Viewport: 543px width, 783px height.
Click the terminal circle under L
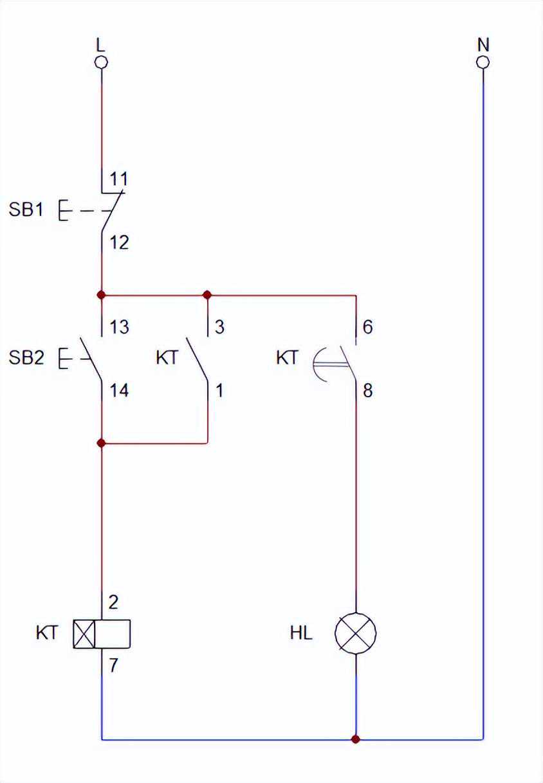(101, 62)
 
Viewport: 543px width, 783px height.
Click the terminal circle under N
(483, 62)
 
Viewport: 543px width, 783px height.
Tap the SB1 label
(26, 210)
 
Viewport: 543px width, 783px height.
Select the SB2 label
(26, 357)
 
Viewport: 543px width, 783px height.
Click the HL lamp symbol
(356, 633)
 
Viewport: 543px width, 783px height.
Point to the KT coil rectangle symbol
(102, 634)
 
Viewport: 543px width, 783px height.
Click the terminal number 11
(118, 179)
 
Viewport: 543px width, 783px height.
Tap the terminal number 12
(118, 242)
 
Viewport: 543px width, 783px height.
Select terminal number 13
(118, 327)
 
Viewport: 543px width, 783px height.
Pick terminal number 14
(118, 390)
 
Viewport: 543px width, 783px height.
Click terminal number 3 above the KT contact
(219, 327)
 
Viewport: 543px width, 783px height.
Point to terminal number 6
(367, 327)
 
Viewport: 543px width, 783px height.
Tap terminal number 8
(367, 390)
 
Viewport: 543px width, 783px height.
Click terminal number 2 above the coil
(113, 602)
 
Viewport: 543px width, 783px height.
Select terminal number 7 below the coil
(113, 665)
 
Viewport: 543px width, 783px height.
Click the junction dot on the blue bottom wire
(356, 739)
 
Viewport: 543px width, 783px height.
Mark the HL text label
(301, 634)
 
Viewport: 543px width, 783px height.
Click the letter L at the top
(100, 44)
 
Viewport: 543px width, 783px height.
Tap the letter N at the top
(483, 44)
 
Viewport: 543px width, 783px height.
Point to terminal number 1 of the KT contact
(219, 390)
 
